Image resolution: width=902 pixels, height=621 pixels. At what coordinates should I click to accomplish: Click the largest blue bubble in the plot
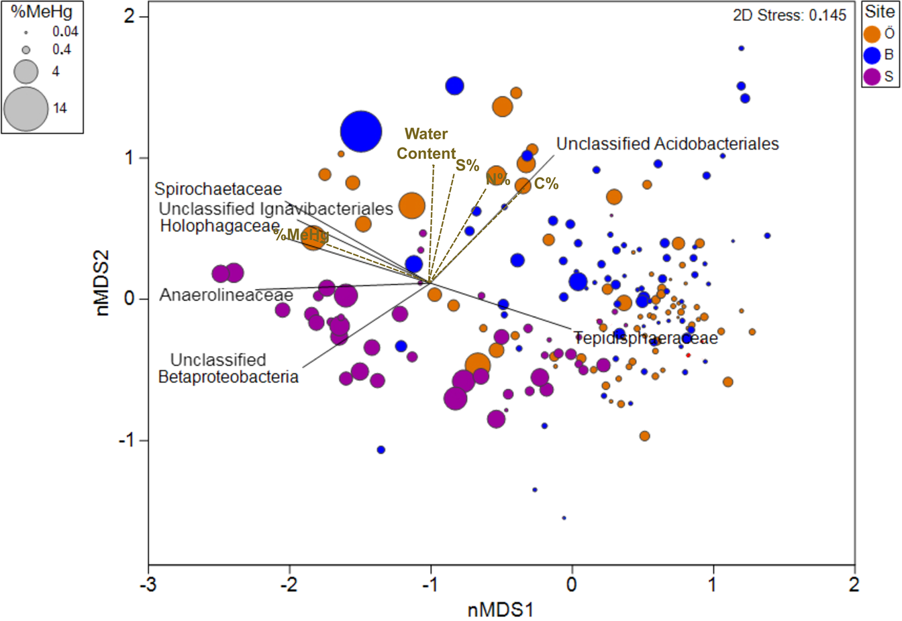361,132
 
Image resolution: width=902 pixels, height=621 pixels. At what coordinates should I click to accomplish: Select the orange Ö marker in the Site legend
872,34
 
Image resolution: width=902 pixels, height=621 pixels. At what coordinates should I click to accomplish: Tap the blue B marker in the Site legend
872,55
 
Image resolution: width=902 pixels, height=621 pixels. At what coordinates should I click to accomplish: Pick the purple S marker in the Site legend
872,76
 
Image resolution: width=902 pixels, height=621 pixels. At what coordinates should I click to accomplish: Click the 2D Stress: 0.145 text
789,15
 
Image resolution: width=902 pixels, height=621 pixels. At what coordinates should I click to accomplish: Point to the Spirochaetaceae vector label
218,190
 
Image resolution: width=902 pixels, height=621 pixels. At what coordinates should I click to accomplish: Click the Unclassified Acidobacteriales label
667,144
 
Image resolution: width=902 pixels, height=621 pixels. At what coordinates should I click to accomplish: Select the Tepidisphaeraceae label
646,339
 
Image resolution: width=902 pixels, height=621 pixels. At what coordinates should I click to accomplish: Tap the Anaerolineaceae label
226,295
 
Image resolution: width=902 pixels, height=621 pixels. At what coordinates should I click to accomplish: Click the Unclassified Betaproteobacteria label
228,369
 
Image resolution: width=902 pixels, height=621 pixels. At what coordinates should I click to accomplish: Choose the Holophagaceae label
219,226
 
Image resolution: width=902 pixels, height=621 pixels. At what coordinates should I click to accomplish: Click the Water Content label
425,144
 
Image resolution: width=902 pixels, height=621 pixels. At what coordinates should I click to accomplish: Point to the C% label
546,183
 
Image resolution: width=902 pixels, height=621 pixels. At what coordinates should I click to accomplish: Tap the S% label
467,165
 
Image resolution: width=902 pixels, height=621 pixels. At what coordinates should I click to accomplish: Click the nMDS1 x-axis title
501,610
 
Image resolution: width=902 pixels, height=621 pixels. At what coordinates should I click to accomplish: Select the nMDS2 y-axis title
103,283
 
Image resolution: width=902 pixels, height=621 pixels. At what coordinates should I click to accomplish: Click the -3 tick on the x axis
148,584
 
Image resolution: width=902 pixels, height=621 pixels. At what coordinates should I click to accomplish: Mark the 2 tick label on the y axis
130,16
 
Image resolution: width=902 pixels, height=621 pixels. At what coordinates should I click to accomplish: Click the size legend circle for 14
26,109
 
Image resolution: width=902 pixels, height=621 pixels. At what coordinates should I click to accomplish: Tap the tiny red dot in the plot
688,355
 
